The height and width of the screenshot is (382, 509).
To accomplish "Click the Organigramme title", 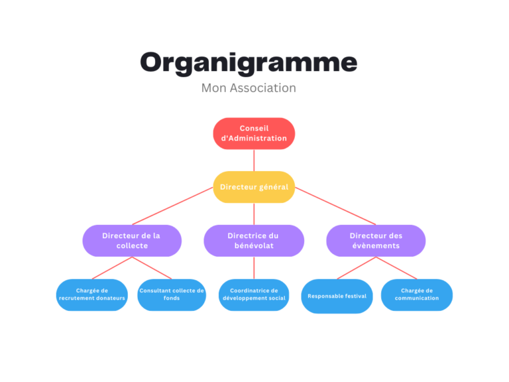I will tap(249, 62).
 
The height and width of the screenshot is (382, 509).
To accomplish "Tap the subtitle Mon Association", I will tap(249, 88).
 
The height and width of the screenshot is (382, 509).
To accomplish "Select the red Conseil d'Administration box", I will tap(254, 133).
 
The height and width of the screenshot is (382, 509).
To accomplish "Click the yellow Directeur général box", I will tap(254, 187).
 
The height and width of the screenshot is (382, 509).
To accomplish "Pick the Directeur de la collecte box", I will tap(131, 240).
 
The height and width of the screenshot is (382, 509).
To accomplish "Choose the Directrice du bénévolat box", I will tap(253, 240).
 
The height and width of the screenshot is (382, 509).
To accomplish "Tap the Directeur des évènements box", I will tap(376, 240).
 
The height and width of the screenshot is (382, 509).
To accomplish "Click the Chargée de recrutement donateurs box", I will tap(92, 294).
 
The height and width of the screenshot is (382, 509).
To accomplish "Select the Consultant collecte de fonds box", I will tap(172, 294).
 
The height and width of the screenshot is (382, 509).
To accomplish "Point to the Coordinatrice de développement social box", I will tap(254, 294).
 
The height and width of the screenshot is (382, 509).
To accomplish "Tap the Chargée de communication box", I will tap(417, 294).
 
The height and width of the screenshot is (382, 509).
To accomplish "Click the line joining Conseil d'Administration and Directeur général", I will tap(254, 160).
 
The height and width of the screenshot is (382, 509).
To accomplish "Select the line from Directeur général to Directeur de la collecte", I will tap(172, 206).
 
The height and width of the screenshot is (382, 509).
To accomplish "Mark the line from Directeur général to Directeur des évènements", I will tap(335, 206).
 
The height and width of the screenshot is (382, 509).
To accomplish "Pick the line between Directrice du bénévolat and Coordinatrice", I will tap(254, 267).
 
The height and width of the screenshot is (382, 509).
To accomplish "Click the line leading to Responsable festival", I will tap(356, 268).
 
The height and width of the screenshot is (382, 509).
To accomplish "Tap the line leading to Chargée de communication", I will tap(396, 268).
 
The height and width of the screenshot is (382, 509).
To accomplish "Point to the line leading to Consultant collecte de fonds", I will tap(152, 268).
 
